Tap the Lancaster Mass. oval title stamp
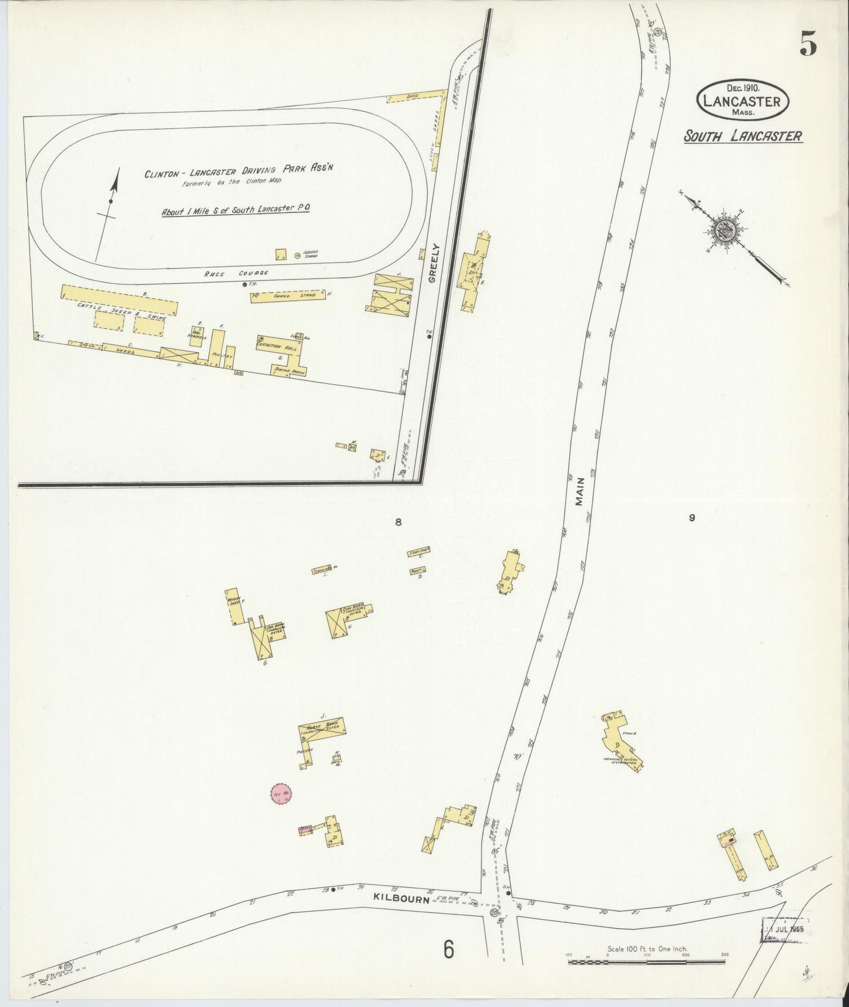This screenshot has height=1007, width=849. pyautogui.click(x=743, y=101)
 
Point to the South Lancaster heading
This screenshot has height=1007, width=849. pyautogui.click(x=743, y=136)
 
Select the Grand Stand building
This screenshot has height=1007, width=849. pyautogui.click(x=288, y=296)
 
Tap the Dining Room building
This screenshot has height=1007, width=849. pyautogui.click(x=288, y=371)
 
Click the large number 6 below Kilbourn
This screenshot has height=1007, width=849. pyautogui.click(x=449, y=949)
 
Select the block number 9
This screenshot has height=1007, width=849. pyautogui.click(x=692, y=518)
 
